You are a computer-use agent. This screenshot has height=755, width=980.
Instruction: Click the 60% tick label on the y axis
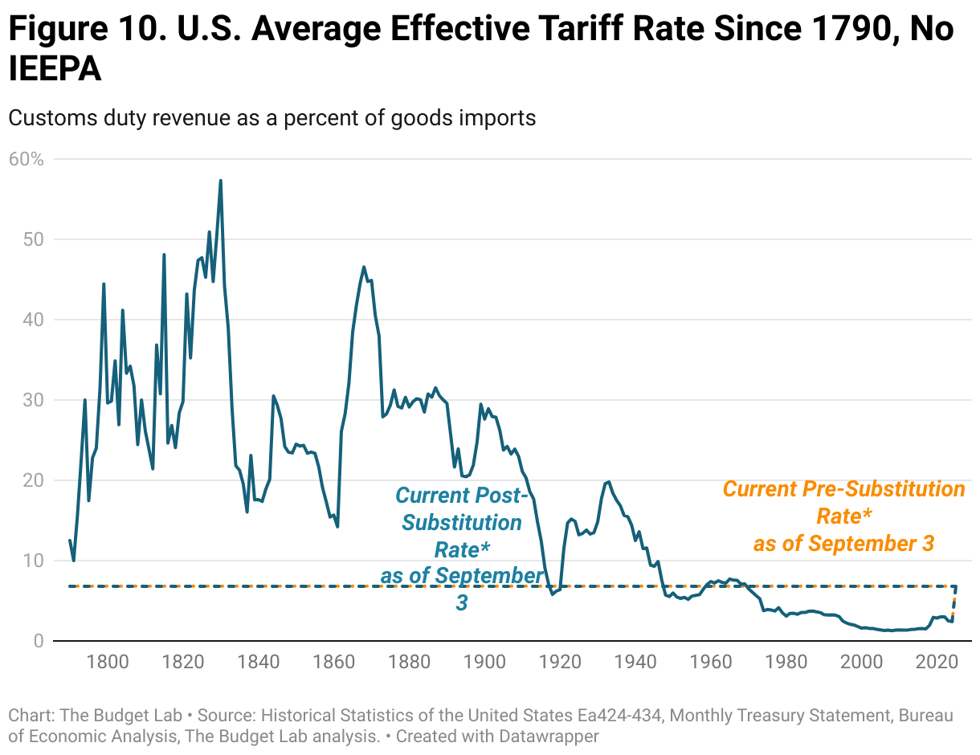(x=26, y=159)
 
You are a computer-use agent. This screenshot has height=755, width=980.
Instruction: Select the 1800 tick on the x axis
(x=108, y=663)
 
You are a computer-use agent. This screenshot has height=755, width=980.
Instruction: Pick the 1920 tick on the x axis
(x=561, y=663)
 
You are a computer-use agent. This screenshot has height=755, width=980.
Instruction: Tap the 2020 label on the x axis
(x=937, y=663)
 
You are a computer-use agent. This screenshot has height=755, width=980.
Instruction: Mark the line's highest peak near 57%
(x=220, y=181)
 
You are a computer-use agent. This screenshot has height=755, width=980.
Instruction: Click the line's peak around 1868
(x=364, y=267)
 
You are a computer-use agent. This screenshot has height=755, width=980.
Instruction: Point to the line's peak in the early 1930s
(x=609, y=482)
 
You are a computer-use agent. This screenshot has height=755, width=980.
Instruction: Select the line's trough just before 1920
(x=552, y=594)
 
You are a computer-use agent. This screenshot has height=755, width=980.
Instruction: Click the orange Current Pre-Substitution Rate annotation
(x=843, y=516)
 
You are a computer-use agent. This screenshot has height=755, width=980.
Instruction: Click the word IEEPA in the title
(x=55, y=70)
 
